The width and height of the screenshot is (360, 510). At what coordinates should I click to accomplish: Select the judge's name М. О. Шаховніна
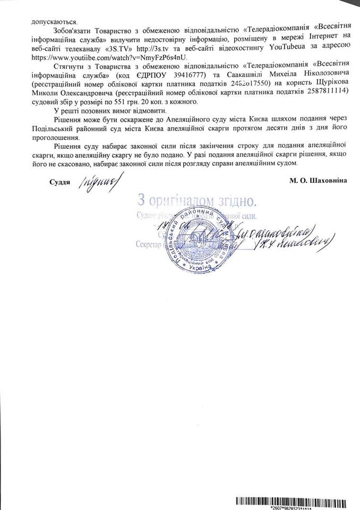pyautogui.click(x=318, y=181)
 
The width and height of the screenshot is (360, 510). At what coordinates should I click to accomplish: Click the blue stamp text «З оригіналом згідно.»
pyautogui.click(x=197, y=201)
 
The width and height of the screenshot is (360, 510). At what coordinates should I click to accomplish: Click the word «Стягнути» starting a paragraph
pyautogui.click(x=69, y=67)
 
